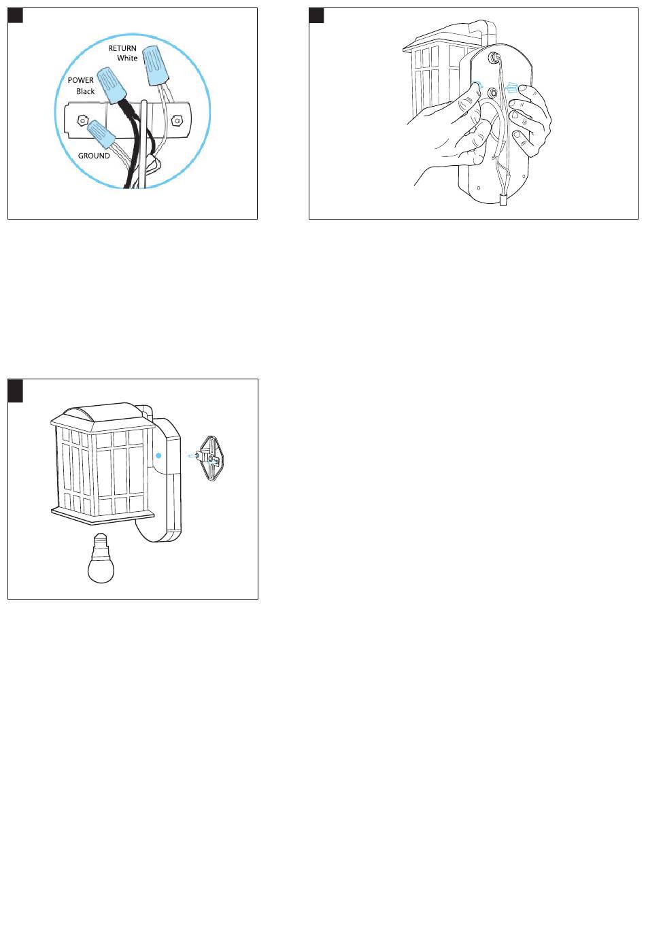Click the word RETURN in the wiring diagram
pyautogui.click(x=122, y=48)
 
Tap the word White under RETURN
pyautogui.click(x=127, y=58)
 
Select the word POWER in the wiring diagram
pyautogui.click(x=80, y=80)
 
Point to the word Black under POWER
pyautogui.click(x=86, y=91)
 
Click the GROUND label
pyautogui.click(x=94, y=156)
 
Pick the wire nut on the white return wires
pyautogui.click(x=156, y=65)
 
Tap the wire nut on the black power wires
pyautogui.click(x=112, y=86)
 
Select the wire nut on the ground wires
pyautogui.click(x=101, y=133)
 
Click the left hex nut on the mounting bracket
pyautogui.click(x=82, y=121)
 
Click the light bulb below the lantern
pyautogui.click(x=101, y=558)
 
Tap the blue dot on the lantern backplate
pyautogui.click(x=158, y=455)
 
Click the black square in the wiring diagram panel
pyautogui.click(x=16, y=16)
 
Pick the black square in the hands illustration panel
pyautogui.click(x=316, y=16)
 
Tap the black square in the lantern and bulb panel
pyautogui.click(x=16, y=391)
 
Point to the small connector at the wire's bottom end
pyautogui.click(x=503, y=200)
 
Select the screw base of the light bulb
pyautogui.click(x=101, y=541)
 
